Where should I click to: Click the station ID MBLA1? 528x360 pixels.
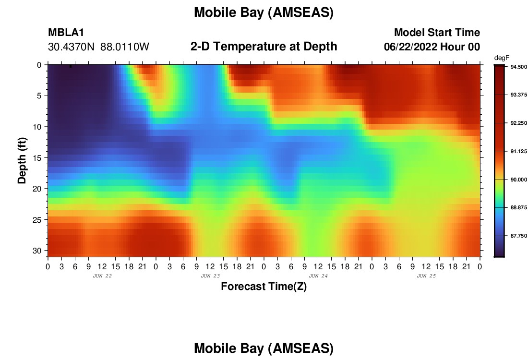66,32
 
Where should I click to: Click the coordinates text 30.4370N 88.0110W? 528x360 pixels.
98,47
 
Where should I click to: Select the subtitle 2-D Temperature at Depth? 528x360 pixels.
264,47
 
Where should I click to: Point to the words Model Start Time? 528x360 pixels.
437,32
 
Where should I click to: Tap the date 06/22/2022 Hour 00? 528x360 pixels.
432,47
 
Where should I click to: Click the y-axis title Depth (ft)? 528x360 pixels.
22,160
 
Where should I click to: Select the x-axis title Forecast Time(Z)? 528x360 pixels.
264,286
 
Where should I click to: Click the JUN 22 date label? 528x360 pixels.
102,276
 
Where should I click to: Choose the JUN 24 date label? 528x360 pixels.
318,276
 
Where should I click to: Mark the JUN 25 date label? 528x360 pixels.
426,276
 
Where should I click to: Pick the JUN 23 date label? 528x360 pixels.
210,276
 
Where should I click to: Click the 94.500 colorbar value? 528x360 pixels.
518,67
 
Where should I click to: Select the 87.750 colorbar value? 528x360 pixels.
518,236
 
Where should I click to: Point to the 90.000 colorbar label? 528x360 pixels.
518,180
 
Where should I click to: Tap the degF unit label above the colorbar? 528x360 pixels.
502,58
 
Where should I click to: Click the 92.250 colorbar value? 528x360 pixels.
518,123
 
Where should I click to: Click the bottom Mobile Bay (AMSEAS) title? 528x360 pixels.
264,348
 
